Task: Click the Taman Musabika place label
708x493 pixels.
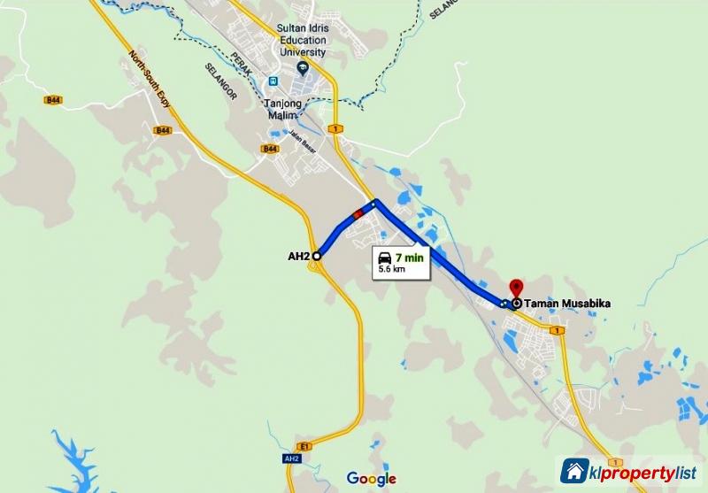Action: pos(567,304)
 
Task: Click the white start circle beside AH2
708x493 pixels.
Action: pos(316,256)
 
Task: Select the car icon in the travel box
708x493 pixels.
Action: pos(388,257)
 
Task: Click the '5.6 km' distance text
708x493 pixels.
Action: pos(392,268)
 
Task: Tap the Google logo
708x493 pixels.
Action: pos(371,479)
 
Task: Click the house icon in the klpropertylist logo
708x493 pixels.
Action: pos(574,471)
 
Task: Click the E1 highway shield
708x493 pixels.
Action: pos(305,444)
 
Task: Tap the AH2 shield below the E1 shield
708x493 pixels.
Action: pos(292,458)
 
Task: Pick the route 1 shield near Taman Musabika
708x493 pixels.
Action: pos(557,330)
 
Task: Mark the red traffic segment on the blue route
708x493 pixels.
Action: pos(358,213)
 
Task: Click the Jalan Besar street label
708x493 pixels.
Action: pos(303,139)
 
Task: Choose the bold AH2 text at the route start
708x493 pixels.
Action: pos(298,257)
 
